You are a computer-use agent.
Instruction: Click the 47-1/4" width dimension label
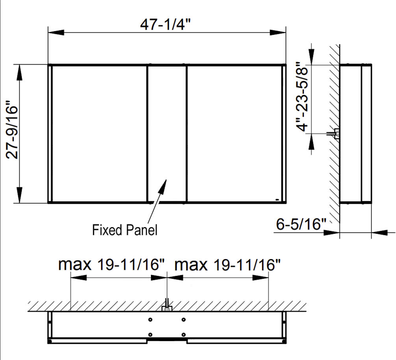[x=165, y=24]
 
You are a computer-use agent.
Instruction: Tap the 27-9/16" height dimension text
[x=12, y=130]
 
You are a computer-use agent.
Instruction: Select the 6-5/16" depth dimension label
[x=301, y=224]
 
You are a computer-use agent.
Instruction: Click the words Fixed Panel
[x=125, y=230]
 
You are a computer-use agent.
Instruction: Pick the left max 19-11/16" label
[x=112, y=265]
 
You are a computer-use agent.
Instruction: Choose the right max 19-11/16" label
[x=227, y=265]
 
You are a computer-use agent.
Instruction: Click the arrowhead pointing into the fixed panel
[x=163, y=186]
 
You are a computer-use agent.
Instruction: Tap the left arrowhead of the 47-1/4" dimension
[x=56, y=32]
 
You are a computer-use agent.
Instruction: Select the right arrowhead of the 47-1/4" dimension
[x=278, y=32]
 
